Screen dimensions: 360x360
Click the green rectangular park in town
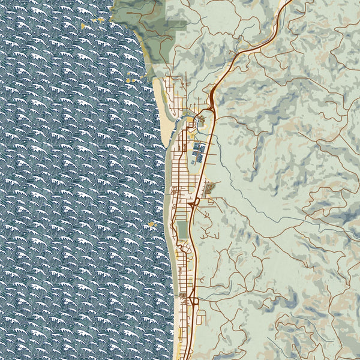(x=182, y=229)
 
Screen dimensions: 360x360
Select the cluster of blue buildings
(x=198, y=151)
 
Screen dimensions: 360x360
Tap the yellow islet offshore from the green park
(x=151, y=225)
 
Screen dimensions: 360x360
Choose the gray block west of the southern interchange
(x=183, y=296)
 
